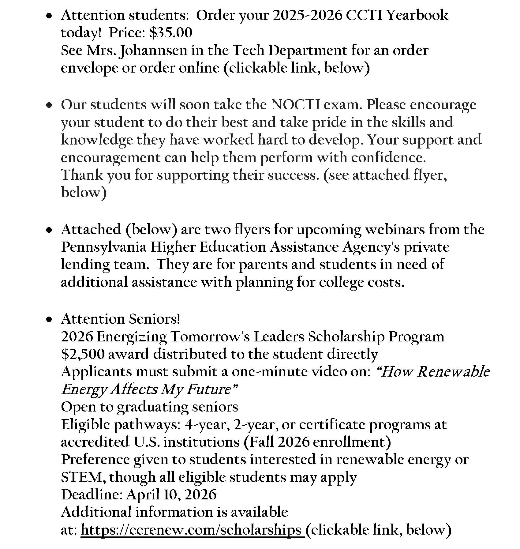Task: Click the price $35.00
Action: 171,33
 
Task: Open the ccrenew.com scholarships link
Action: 191,530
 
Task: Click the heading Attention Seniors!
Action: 121,319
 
